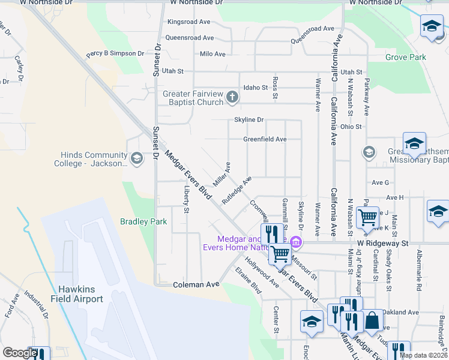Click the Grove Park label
pos(405,58)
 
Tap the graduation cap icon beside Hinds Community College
pos(137,158)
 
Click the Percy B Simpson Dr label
pos(115,53)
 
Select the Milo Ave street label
pos(212,54)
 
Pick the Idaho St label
pos(255,88)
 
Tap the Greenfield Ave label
pos(264,139)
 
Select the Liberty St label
pos(187,200)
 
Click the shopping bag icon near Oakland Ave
pos(372,322)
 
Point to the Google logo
pos(20,353)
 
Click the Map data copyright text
pos(423,355)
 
